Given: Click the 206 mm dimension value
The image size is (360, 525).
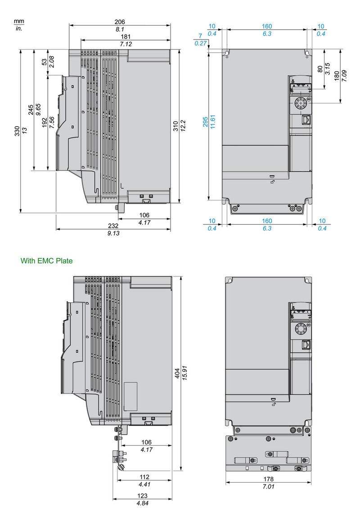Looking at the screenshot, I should tap(119, 22).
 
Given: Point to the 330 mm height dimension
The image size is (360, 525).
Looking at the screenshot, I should tap(17, 131).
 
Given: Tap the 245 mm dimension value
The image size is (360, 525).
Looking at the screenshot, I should tap(31, 110).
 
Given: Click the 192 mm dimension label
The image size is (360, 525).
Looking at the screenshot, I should tap(45, 123).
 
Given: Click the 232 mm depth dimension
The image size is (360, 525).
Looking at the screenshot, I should tap(113, 226).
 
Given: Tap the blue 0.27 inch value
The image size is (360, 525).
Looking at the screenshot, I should tap(200, 43).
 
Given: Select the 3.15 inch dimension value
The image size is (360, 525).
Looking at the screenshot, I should tap(328, 69).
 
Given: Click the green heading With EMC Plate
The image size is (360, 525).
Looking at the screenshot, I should tap(46, 261).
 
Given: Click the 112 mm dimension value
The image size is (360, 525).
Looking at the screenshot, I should tap(144, 477).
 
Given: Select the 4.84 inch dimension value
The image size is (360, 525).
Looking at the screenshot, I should tap(142, 503).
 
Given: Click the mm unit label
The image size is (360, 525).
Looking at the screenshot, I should tap(18, 21).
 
